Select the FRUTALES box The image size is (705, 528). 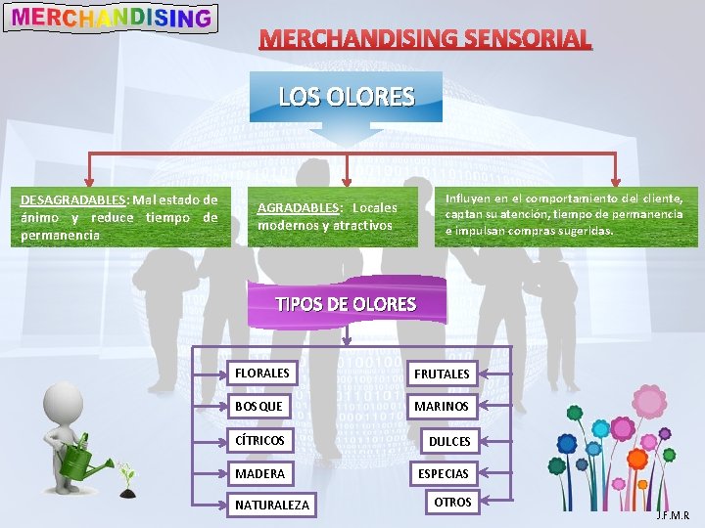442,374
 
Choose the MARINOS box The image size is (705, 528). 442,406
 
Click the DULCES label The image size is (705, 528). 449,441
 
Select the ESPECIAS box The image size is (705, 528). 443,473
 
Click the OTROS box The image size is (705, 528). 452,502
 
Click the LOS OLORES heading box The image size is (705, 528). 347,97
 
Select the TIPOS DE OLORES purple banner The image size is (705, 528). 346,302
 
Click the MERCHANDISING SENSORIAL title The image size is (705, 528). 426,39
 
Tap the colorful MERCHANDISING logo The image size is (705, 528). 111,18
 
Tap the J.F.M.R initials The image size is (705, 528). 673,515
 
